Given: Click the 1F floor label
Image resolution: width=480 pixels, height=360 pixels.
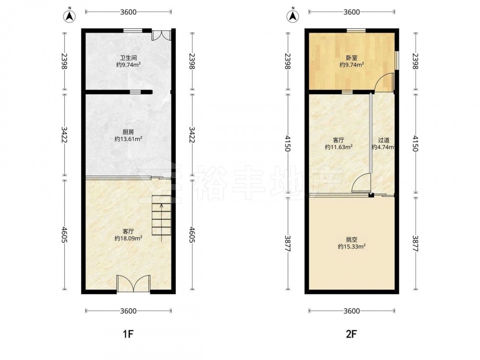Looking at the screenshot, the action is click(x=128, y=334).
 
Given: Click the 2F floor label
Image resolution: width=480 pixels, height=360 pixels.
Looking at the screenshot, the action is click(x=351, y=334).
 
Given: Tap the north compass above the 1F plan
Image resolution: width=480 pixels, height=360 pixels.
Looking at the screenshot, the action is click(x=70, y=15).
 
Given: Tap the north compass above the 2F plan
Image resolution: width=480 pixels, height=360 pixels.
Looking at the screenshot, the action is click(x=293, y=15).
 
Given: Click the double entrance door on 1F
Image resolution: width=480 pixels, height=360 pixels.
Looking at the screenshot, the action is click(x=133, y=284).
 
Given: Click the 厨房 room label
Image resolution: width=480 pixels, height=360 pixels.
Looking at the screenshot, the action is click(x=128, y=132).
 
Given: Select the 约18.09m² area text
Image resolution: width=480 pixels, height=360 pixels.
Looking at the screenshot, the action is click(x=128, y=238).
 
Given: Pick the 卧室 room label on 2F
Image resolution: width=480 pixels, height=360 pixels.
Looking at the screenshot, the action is click(x=351, y=58).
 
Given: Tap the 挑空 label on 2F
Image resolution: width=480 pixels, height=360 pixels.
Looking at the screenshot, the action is click(x=352, y=240).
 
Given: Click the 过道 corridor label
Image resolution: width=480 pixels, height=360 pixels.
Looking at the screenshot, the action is click(x=384, y=140).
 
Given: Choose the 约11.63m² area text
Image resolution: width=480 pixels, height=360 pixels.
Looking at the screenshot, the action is click(x=338, y=147).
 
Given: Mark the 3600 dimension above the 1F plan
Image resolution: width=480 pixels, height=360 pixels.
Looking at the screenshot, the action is click(x=128, y=12).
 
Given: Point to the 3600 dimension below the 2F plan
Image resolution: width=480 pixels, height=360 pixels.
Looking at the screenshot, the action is click(x=351, y=311).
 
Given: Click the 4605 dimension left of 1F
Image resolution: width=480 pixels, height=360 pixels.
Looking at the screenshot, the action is click(x=64, y=235).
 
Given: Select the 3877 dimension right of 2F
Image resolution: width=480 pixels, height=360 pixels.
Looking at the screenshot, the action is click(x=415, y=243).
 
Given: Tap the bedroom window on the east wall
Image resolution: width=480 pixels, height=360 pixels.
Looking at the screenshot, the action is click(x=396, y=60).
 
